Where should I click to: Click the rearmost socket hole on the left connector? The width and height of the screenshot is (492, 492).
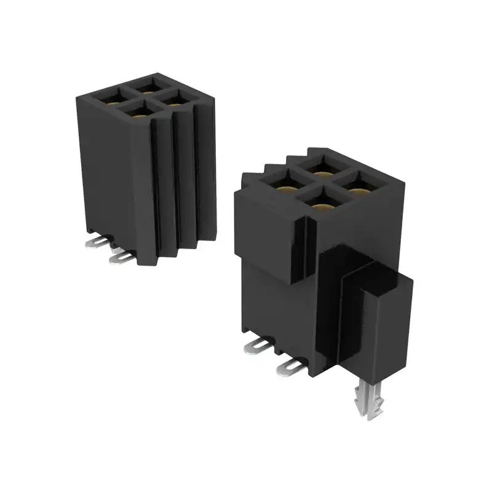(148, 85)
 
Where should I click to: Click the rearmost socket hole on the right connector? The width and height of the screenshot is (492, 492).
(320, 167)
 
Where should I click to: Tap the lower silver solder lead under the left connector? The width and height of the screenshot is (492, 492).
(121, 258)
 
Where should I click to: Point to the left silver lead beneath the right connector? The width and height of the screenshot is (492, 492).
(257, 347)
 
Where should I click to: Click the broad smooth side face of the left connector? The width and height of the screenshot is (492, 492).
(111, 178)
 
